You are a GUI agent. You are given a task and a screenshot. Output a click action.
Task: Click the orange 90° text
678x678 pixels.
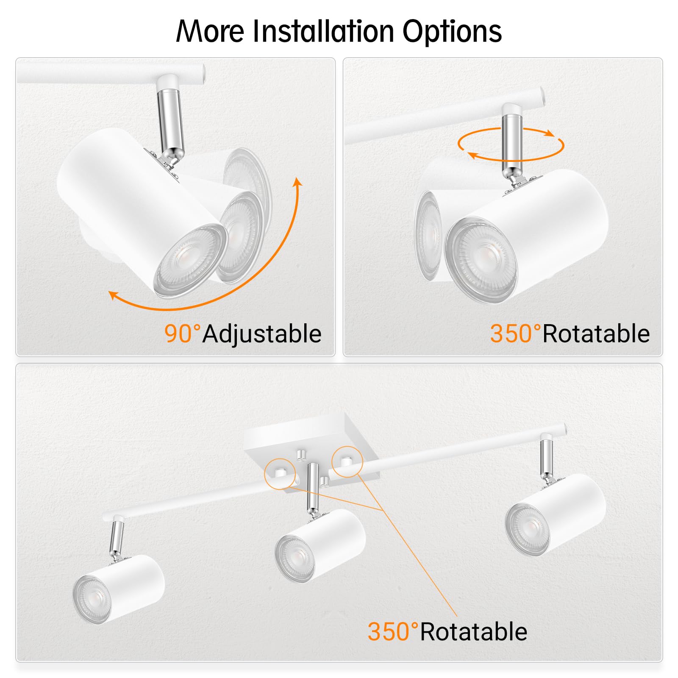(181, 333)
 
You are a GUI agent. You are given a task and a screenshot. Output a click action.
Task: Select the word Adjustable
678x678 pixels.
(262, 334)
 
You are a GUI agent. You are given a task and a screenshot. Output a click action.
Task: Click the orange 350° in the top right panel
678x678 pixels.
(514, 333)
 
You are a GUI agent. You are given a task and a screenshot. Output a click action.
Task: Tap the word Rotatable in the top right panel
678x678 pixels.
(596, 333)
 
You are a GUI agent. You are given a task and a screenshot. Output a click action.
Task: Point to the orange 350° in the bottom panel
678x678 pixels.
(392, 631)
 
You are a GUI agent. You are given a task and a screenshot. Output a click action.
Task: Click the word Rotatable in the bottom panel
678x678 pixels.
(473, 632)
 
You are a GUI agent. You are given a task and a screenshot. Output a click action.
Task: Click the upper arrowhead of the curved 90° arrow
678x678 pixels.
(298, 182)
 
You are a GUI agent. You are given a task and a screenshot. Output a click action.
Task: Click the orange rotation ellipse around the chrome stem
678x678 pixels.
(511, 145)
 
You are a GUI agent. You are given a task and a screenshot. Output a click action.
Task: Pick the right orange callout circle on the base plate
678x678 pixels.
(347, 461)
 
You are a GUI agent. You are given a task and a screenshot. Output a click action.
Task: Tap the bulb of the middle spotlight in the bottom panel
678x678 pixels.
(294, 558)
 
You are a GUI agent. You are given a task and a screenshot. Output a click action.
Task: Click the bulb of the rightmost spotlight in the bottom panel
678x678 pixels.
(525, 528)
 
